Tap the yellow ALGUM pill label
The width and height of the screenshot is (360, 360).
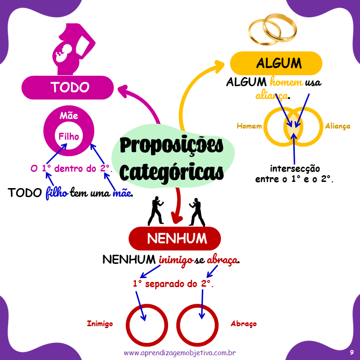point(276,63)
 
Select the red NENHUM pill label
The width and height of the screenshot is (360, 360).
point(175,238)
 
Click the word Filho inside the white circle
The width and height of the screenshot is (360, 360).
point(69,137)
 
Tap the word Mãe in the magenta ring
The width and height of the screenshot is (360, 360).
point(69,116)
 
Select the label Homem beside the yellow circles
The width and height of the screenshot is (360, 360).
point(249,126)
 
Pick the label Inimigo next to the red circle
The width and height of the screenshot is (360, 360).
point(100,324)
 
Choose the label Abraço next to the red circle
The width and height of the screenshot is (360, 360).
point(243,324)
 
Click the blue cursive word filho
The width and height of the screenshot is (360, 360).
point(57,193)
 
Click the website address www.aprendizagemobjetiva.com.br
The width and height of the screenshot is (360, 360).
point(180,353)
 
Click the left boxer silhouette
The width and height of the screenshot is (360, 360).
point(156,211)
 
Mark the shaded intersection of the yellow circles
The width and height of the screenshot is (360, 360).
point(293,126)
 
